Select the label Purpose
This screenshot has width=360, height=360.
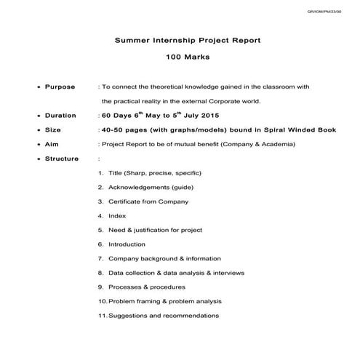click(60, 87)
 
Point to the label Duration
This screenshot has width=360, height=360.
click(60, 116)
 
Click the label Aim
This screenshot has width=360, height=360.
click(52, 144)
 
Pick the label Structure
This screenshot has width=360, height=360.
click(62, 159)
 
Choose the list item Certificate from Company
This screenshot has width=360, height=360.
click(148, 201)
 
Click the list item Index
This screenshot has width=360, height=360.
click(116, 216)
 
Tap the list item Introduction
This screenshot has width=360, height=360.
click(127, 244)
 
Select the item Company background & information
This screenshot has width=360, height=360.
click(164, 258)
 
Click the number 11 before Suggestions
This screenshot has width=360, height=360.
click(101, 316)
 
